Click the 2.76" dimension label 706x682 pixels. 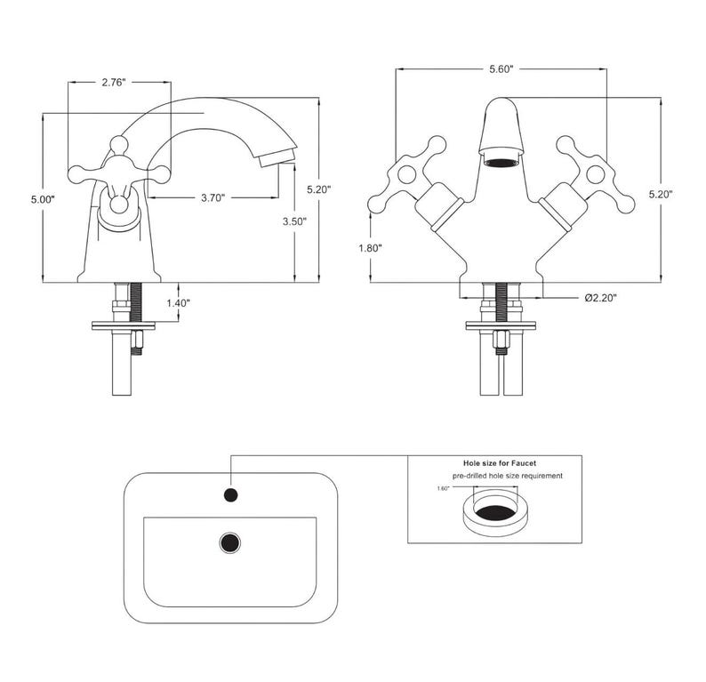[113, 83]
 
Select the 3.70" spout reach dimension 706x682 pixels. [213, 197]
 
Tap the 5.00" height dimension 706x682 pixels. [43, 199]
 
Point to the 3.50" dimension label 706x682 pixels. [294, 221]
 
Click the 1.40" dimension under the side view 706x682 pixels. [179, 302]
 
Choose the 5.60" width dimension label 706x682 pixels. [501, 68]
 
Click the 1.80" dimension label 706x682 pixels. [370, 247]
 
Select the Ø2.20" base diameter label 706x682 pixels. [601, 298]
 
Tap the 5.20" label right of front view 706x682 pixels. [661, 194]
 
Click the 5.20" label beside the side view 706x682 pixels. [319, 189]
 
